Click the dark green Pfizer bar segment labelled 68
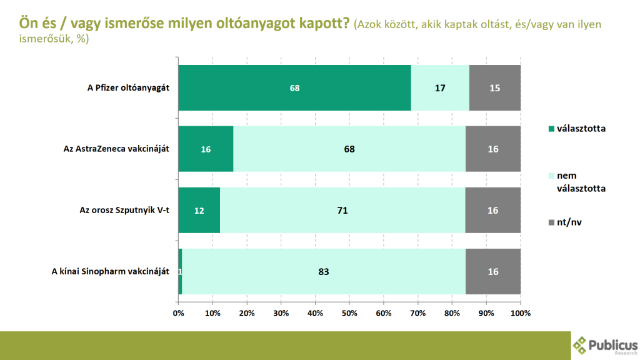(294, 87)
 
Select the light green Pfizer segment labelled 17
(440, 87)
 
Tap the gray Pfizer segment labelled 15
(494, 87)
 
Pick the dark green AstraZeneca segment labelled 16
(206, 149)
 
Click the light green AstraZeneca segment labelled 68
(349, 149)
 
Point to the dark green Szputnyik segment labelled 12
(199, 210)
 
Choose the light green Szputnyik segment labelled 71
(342, 210)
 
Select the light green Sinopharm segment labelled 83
(323, 271)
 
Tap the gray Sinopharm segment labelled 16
(492, 271)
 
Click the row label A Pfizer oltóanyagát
(128, 87)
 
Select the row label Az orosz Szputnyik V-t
(124, 210)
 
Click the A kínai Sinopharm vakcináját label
(110, 271)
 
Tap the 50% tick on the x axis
(349, 312)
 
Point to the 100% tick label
(520, 312)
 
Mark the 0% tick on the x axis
(178, 312)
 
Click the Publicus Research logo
(604, 345)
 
